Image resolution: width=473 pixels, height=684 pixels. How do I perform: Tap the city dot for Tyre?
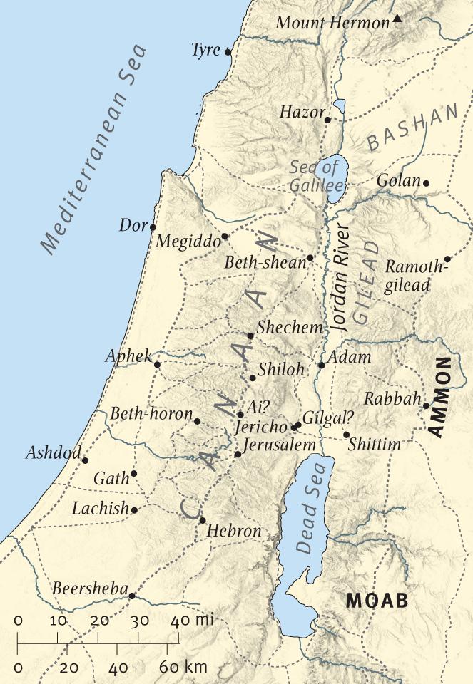(228, 51)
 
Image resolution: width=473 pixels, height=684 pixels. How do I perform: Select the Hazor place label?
(301, 112)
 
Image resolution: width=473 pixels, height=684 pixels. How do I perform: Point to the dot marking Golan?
(426, 183)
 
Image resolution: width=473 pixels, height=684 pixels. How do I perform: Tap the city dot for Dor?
(153, 227)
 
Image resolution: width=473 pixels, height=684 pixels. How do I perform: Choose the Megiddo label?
(188, 242)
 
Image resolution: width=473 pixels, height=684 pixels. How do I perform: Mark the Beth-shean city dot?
(310, 258)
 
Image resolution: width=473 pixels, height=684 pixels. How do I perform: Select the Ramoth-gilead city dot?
(447, 259)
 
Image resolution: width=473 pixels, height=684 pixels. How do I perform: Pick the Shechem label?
(290, 328)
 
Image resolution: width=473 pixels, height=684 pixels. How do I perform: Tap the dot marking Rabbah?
(426, 406)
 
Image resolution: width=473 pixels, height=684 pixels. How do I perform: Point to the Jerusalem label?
(278, 445)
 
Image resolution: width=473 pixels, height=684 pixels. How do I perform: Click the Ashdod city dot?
(85, 460)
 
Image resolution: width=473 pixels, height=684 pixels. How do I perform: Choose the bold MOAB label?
(377, 601)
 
